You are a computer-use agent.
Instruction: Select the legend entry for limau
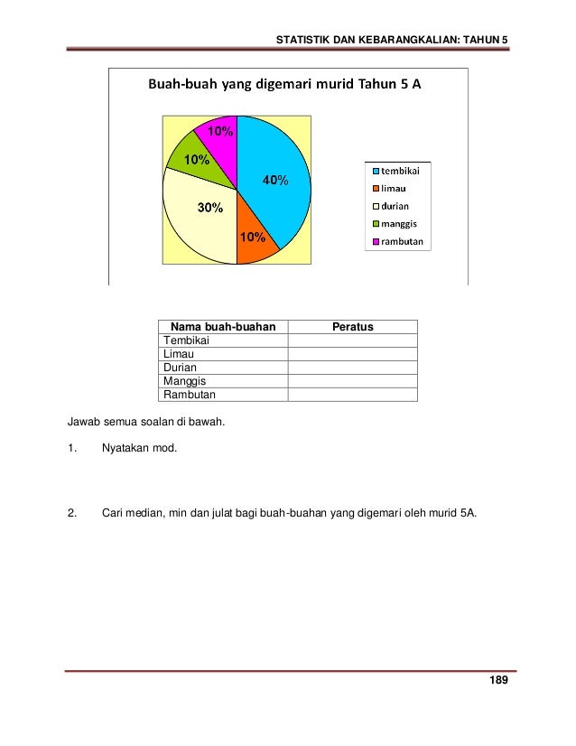click(393, 188)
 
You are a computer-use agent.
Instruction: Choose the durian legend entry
click(395, 206)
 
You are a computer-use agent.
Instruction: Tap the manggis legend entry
click(397, 223)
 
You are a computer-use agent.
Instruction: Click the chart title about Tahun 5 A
click(284, 86)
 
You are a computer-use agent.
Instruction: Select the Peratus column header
click(352, 326)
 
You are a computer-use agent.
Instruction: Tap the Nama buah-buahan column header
click(223, 326)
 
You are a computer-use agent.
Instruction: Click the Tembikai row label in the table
click(184, 340)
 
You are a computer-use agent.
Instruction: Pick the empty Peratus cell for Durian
click(352, 368)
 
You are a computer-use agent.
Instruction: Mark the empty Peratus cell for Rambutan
click(352, 395)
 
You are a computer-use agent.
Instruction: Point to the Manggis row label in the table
click(183, 381)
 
